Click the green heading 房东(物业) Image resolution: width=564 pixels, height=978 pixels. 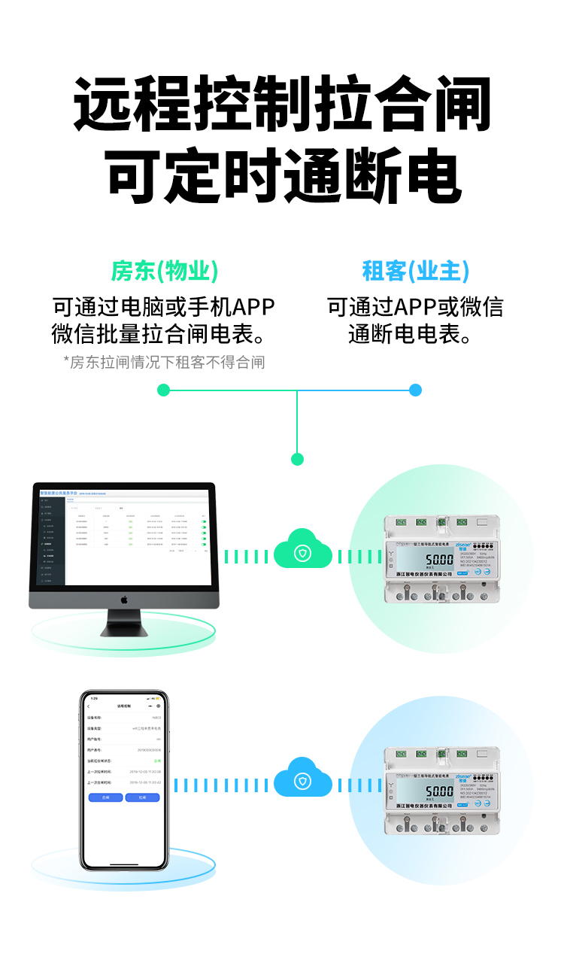[165, 271]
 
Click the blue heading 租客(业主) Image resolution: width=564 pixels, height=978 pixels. [415, 271]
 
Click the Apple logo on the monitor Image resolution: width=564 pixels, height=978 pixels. [124, 600]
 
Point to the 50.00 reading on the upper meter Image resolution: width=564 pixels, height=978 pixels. [439, 561]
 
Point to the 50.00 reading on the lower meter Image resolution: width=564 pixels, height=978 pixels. [439, 791]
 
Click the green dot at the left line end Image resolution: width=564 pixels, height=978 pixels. [164, 390]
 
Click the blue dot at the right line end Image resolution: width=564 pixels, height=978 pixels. [416, 390]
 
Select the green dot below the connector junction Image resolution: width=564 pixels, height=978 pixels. [297, 459]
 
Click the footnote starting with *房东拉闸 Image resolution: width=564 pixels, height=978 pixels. [164, 363]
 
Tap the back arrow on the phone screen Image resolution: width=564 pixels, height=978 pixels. [89, 706]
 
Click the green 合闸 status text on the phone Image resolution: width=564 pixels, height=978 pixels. [157, 761]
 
